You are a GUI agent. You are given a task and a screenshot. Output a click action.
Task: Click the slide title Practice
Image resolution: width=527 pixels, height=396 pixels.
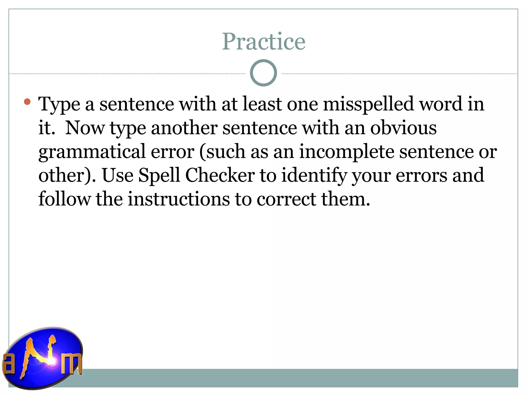(x=263, y=42)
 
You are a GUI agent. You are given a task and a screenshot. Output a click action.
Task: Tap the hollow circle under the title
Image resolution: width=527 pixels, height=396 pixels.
(x=263, y=73)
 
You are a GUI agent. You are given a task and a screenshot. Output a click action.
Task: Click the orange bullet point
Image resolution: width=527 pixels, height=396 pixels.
(x=27, y=102)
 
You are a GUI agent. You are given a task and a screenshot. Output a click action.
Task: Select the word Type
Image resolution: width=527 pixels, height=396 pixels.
(x=59, y=104)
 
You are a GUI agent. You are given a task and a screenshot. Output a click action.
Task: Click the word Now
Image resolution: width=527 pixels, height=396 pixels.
(x=85, y=128)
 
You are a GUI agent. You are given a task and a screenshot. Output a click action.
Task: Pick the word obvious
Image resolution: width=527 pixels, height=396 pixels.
(x=403, y=128)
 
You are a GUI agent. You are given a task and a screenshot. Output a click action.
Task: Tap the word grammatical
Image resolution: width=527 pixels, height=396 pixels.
(x=92, y=152)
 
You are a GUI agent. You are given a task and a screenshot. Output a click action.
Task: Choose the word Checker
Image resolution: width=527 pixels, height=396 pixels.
(x=220, y=175)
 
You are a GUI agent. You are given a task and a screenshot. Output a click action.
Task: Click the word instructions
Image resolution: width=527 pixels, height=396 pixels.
(x=179, y=199)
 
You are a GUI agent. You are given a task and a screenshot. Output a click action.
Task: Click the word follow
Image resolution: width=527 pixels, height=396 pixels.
(x=64, y=199)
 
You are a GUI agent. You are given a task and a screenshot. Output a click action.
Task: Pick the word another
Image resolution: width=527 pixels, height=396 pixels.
(x=184, y=128)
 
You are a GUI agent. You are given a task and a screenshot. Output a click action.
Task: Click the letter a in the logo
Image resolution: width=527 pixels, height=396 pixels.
(x=8, y=364)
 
